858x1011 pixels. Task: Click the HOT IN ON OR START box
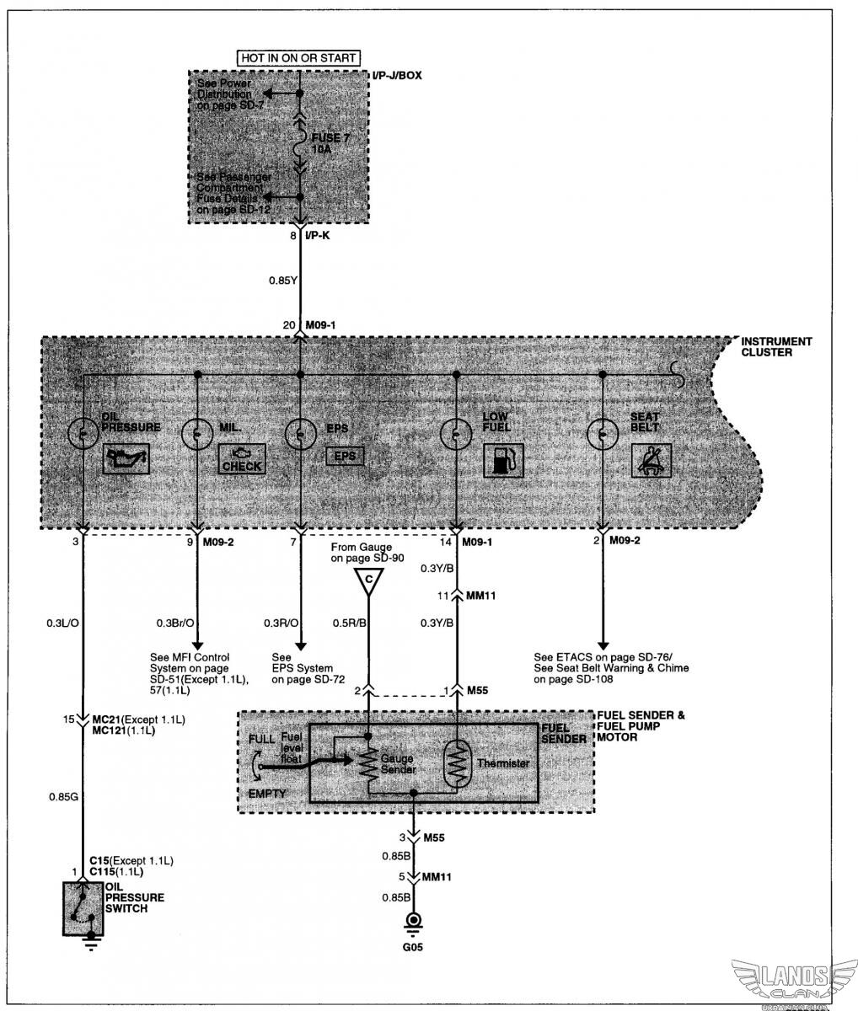point(300,57)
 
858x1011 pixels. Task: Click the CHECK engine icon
point(242,461)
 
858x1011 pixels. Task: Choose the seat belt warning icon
point(651,461)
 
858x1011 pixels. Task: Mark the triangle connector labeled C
point(367,580)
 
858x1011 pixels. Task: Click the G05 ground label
point(414,944)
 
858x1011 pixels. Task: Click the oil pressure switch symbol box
point(83,908)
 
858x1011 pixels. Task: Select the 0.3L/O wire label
point(63,623)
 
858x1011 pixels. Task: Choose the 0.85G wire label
point(62,794)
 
